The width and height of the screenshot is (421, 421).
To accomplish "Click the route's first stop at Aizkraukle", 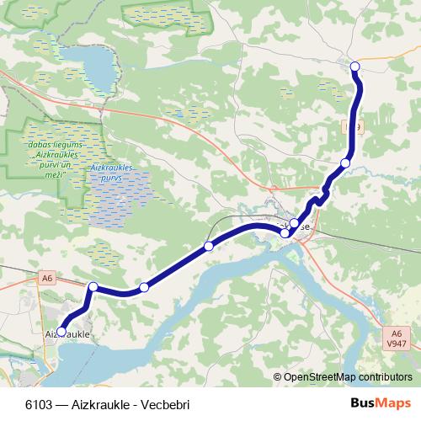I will coord(61,331).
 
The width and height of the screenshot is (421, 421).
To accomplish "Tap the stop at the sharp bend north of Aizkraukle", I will coord(93,287).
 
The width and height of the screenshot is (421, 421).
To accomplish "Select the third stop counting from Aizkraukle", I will coord(144,288).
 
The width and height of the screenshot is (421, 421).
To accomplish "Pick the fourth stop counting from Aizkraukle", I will coord(208,246).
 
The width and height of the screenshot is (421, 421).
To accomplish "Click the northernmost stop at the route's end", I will coord(354,67).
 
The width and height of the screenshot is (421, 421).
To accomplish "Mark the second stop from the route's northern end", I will coord(345,163).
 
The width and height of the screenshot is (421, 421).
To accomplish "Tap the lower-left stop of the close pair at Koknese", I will coord(285,232).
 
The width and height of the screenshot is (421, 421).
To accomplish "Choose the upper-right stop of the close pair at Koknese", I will coord(294,224).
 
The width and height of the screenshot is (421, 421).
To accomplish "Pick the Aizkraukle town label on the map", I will coord(67,334).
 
